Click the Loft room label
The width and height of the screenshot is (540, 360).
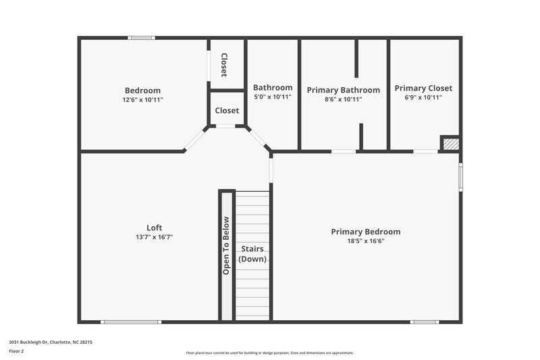click(154, 228)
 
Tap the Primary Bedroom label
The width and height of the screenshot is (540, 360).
click(365, 232)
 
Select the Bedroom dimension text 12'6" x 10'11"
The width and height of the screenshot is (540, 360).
click(142, 99)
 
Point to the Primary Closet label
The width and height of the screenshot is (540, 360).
click(423, 88)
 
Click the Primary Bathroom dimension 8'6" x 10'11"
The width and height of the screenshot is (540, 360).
click(343, 99)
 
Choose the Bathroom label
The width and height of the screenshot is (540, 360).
click(273, 87)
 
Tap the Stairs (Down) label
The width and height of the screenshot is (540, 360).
click(252, 253)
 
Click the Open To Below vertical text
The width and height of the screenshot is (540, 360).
click(226, 245)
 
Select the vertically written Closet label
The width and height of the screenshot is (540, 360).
click(224, 65)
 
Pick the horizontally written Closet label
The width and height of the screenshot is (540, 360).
click(227, 111)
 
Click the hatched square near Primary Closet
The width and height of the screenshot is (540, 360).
click(451, 144)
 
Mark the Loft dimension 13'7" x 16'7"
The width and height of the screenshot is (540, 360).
click(154, 237)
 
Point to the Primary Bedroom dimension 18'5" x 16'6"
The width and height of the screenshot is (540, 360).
click(365, 241)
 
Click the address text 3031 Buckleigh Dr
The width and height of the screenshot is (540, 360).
click(51, 342)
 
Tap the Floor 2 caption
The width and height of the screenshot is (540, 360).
click(16, 351)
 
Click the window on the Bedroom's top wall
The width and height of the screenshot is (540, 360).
click(142, 38)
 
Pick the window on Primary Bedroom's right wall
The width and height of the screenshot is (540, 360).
click(461, 176)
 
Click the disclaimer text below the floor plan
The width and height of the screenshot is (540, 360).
click(269, 353)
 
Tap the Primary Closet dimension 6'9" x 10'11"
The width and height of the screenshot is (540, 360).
click(423, 97)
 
